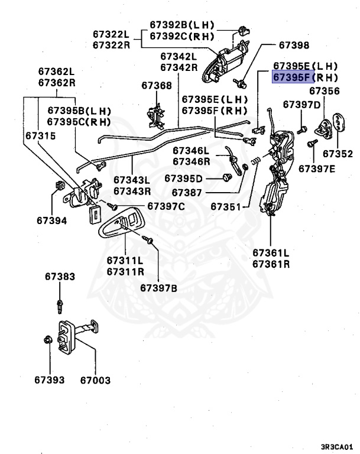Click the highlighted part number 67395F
(291, 77)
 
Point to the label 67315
(41, 135)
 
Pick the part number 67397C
(166, 206)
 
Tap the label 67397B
(159, 288)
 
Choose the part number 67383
(59, 276)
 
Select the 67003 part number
(96, 380)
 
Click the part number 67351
(226, 207)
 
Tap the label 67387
(187, 193)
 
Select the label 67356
(325, 91)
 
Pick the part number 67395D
(183, 179)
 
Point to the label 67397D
(301, 105)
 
